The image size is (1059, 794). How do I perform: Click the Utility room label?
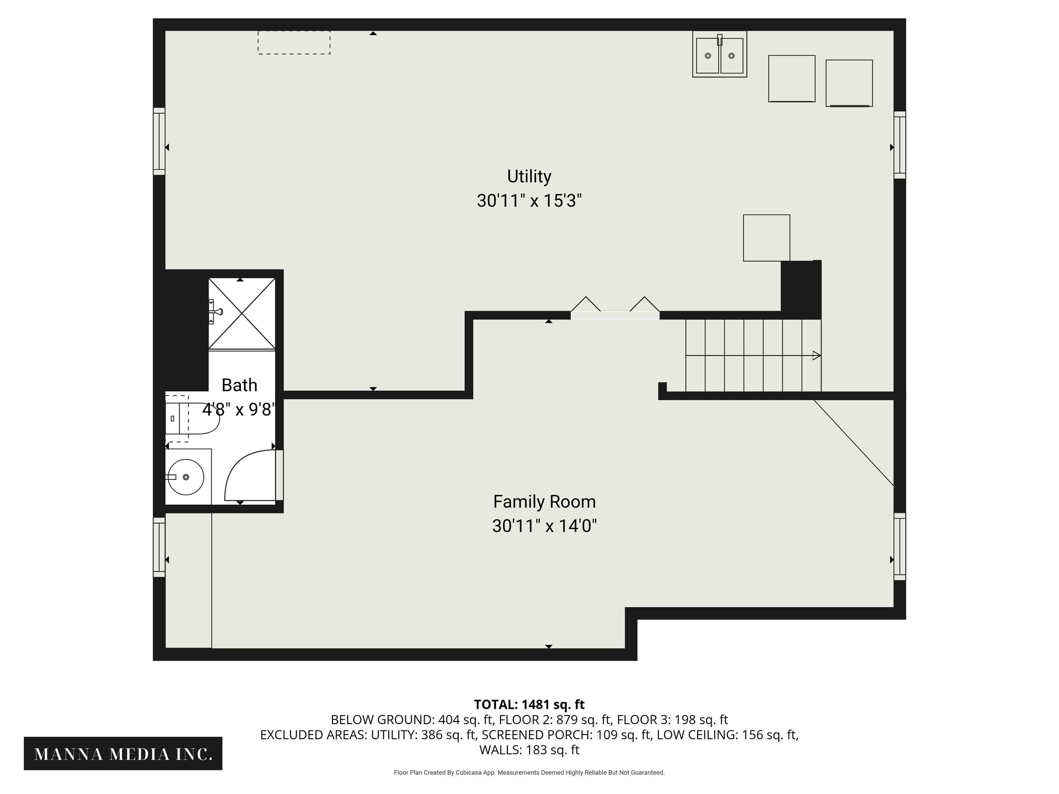click(x=529, y=176)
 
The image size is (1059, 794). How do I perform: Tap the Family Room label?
click(x=544, y=502)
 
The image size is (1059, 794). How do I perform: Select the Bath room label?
click(x=239, y=385)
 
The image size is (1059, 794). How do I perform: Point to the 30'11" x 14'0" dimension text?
click(x=544, y=526)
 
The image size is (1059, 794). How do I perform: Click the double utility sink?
click(x=719, y=54)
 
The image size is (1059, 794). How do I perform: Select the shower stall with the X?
click(x=241, y=314)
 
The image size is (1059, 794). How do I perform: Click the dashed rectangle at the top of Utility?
click(x=294, y=42)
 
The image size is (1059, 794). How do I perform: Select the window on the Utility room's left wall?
click(x=159, y=141)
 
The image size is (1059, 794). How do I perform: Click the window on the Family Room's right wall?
click(x=900, y=546)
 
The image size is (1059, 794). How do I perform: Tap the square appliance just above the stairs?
click(x=766, y=238)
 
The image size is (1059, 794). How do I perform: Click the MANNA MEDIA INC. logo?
click(x=123, y=754)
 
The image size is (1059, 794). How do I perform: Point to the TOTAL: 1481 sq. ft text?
click(x=529, y=704)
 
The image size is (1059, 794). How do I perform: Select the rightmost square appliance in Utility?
click(x=849, y=83)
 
